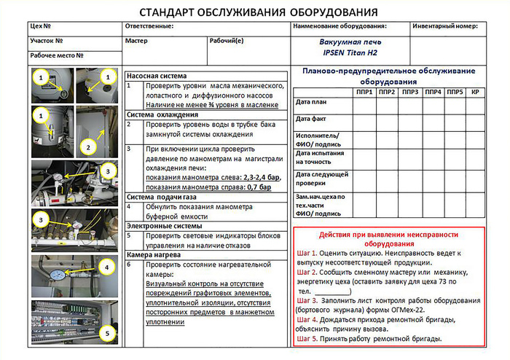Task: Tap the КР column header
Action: click(x=474, y=93)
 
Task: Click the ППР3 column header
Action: click(x=411, y=93)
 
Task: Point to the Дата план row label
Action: click(x=312, y=101)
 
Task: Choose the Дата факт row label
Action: click(x=312, y=118)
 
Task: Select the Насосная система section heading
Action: click(x=157, y=76)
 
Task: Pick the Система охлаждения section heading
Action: click(x=162, y=114)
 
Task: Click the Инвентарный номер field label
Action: click(x=444, y=26)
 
